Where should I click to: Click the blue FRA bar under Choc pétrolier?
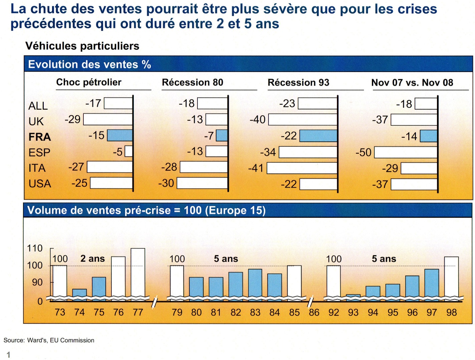click(120, 135)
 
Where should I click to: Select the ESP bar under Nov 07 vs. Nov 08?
click(406, 152)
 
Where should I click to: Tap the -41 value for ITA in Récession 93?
click(256, 168)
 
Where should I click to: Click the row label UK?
click(36, 121)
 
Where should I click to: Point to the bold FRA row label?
click(40, 137)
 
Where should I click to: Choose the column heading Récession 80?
click(192, 82)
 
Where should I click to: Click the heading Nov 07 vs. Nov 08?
click(412, 83)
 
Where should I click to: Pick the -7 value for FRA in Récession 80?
click(209, 136)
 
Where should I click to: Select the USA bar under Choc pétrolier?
click(111, 183)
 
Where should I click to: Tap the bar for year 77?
click(138, 272)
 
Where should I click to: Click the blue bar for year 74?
click(79, 293)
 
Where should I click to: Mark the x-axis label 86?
click(314, 313)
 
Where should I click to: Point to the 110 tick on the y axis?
click(35, 249)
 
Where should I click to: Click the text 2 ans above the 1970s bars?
click(92, 259)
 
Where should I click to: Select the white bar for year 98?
click(451, 276)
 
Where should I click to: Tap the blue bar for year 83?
click(255, 283)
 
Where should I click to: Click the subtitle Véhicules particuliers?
click(82, 46)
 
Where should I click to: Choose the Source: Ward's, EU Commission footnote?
click(49, 340)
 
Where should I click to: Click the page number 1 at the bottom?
click(9, 355)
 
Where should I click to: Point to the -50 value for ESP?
click(363, 152)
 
